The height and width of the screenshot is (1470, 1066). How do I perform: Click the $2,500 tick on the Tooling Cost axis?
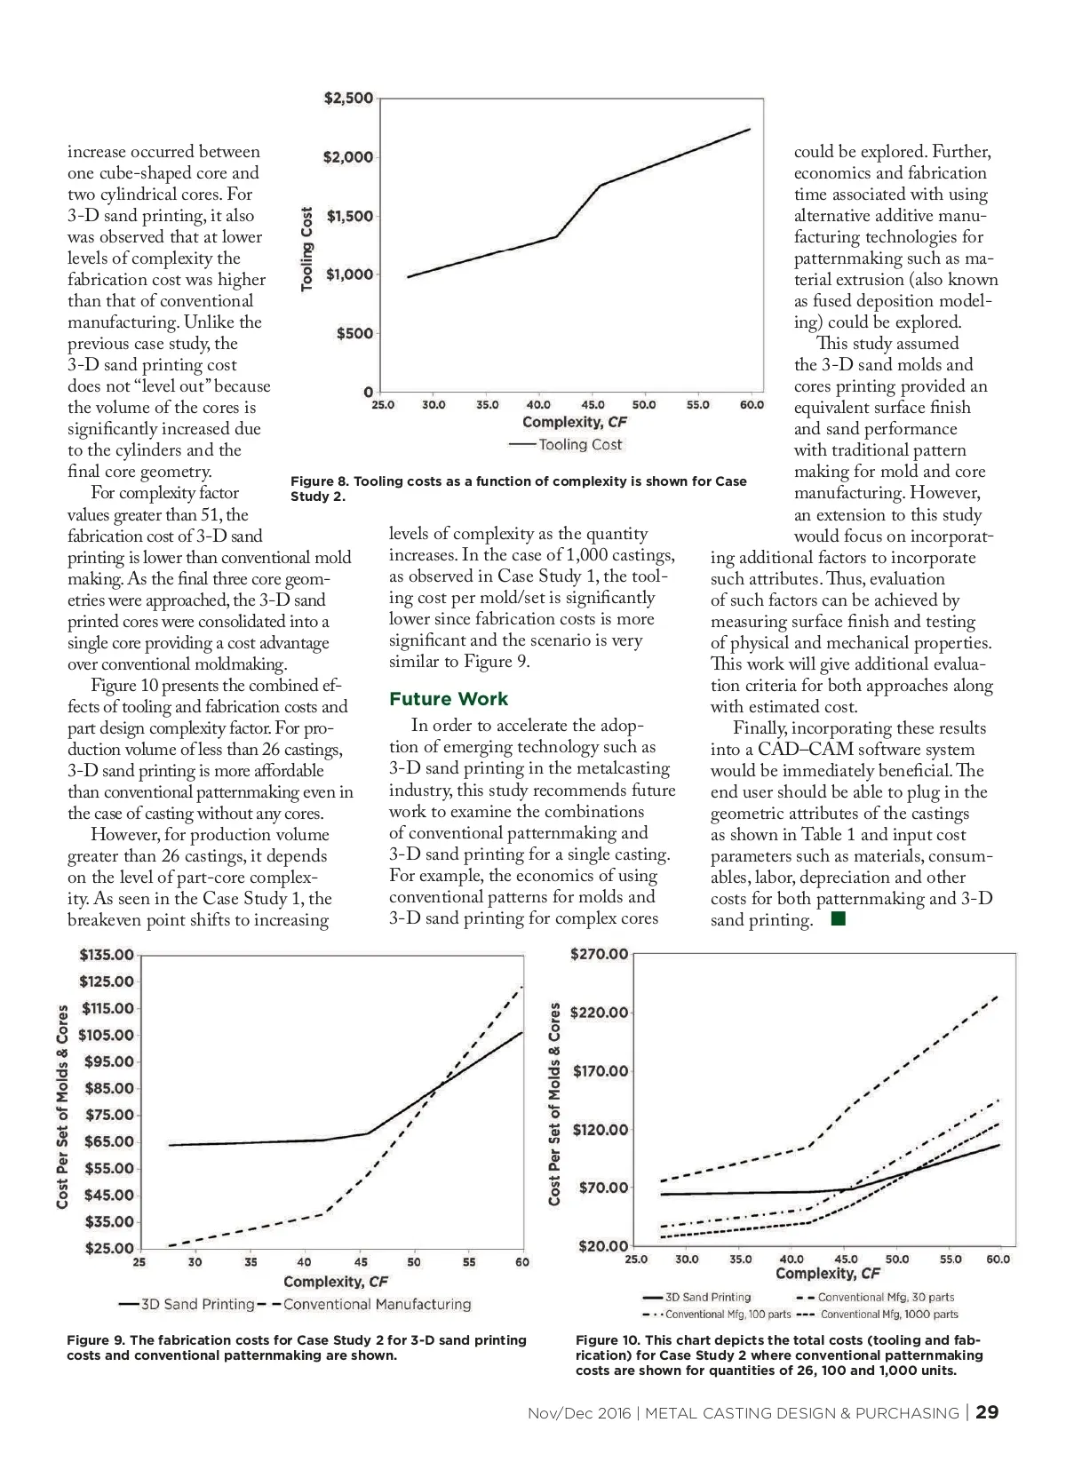(x=348, y=99)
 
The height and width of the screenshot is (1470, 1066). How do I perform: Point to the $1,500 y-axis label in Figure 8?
(x=350, y=216)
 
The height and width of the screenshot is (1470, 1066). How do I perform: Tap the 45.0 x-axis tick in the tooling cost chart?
(x=593, y=405)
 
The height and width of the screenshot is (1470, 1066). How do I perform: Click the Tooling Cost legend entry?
(x=580, y=444)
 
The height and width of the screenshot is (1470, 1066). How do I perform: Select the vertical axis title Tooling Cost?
(x=307, y=249)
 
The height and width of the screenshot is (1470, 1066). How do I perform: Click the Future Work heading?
(x=449, y=699)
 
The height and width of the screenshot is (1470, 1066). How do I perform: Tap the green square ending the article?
(x=838, y=919)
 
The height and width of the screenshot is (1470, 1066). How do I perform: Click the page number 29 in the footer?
(x=987, y=1412)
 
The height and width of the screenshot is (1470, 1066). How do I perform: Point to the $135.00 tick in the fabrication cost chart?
(x=107, y=955)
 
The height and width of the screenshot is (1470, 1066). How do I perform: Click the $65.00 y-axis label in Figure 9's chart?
(x=109, y=1141)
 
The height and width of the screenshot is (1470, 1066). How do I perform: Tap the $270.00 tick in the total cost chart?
(x=599, y=954)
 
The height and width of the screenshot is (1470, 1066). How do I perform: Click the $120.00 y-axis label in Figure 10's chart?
(x=601, y=1130)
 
